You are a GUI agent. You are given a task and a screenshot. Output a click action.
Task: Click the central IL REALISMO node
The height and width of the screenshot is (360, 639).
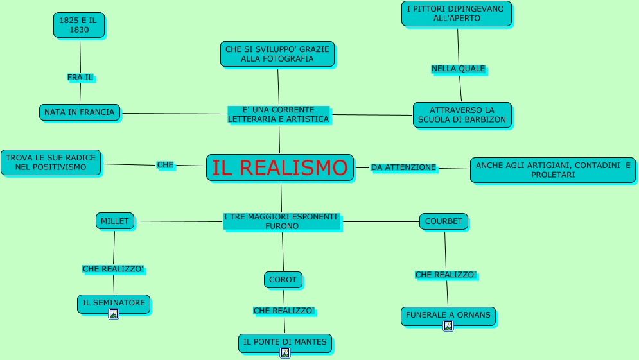click(x=280, y=167)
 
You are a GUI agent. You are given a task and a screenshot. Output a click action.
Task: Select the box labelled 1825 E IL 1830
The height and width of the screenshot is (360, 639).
click(x=78, y=25)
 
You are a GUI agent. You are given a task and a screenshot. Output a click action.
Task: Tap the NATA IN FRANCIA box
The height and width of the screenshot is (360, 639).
click(x=80, y=112)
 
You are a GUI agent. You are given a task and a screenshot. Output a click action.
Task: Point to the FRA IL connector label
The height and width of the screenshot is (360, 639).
click(x=80, y=78)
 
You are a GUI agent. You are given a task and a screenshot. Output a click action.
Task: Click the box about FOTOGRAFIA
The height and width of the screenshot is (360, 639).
click(x=277, y=54)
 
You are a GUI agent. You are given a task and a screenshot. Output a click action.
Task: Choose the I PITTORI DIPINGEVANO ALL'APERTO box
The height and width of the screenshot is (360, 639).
click(x=457, y=13)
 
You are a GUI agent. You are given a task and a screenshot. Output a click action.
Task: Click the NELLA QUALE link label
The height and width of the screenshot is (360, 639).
click(x=458, y=69)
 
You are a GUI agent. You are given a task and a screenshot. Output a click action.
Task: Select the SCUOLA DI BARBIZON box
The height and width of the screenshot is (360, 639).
click(x=462, y=115)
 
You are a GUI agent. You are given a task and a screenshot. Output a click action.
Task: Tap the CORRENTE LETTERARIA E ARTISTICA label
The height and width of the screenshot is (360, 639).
click(x=278, y=114)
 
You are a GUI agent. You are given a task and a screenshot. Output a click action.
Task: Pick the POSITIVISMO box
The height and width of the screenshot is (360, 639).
click(x=51, y=162)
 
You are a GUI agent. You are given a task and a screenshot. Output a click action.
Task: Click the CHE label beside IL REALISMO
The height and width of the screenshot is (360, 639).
click(x=165, y=165)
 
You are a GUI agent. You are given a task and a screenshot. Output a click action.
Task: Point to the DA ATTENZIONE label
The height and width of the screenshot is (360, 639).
click(x=403, y=167)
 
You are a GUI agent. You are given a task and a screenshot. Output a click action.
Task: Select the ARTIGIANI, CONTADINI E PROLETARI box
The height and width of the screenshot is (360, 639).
click(x=552, y=170)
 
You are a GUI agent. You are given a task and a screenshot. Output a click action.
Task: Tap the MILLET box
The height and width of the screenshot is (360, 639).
click(x=115, y=221)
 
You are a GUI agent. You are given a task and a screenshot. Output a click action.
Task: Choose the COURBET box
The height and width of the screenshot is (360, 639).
click(x=444, y=221)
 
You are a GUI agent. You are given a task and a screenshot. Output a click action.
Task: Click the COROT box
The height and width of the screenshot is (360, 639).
click(x=283, y=280)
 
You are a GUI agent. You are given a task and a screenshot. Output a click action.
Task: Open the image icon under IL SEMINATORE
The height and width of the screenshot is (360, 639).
click(x=114, y=314)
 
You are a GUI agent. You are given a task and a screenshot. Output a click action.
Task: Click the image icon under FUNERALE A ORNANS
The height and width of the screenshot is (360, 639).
click(x=448, y=326)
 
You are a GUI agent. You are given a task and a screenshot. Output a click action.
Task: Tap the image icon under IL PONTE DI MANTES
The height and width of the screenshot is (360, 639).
click(x=285, y=353)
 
